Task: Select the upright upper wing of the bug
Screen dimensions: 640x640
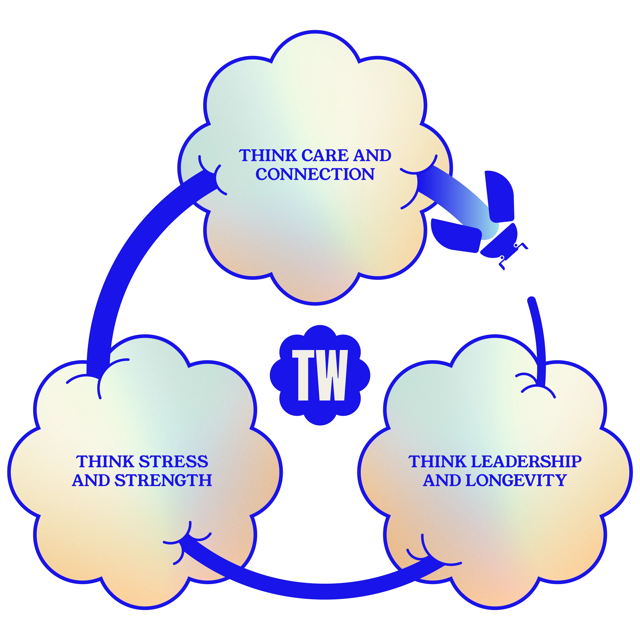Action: (x=500, y=196)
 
